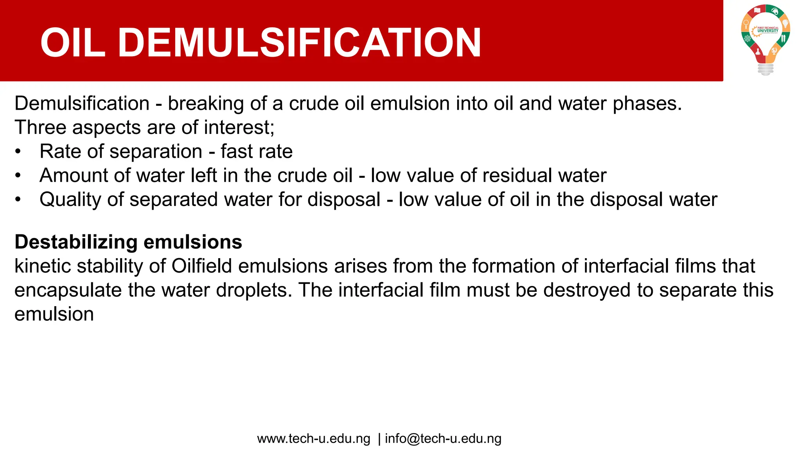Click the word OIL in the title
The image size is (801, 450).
[73, 43]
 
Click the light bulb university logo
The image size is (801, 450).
[765, 39]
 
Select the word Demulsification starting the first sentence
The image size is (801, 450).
[82, 104]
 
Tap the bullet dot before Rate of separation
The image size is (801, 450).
[18, 152]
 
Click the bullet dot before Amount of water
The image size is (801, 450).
[18, 176]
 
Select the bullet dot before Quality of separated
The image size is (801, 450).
[18, 200]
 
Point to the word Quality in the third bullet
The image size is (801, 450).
[70, 200]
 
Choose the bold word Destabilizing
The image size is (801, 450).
[76, 242]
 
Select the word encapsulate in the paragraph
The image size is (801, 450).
[68, 290]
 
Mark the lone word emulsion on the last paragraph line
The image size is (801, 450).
[54, 314]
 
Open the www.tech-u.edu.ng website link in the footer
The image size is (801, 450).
[313, 439]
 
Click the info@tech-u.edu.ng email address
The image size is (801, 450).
[443, 439]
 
